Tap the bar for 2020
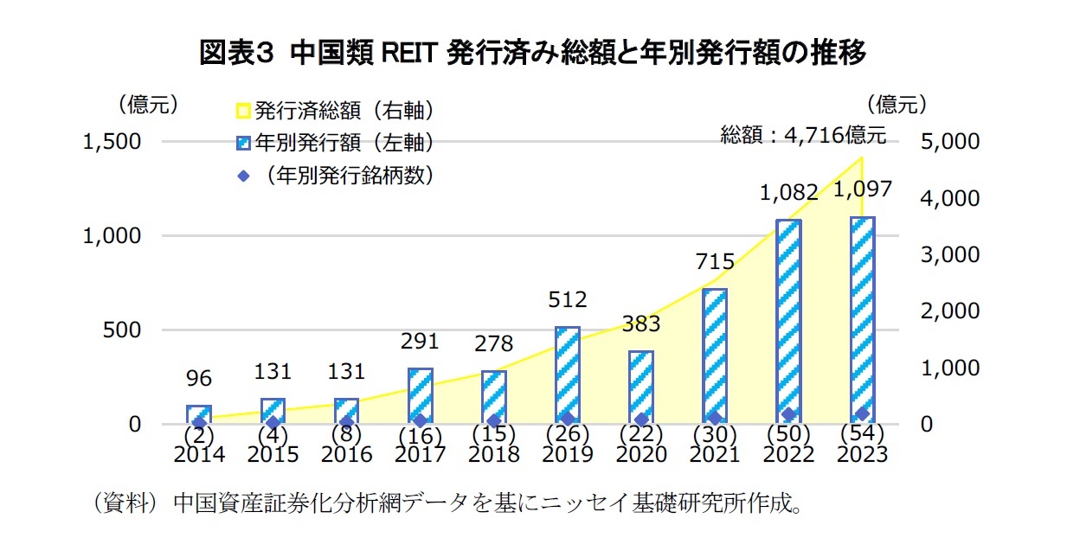coord(641,387)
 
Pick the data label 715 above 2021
coord(715,262)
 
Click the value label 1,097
coord(863,189)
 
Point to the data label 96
coord(199,378)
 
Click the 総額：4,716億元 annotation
coord(803,135)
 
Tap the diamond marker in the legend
coord(243,176)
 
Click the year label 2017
coord(421,454)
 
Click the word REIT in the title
coord(409,54)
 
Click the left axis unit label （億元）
coord(148,105)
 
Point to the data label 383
coord(641,324)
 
